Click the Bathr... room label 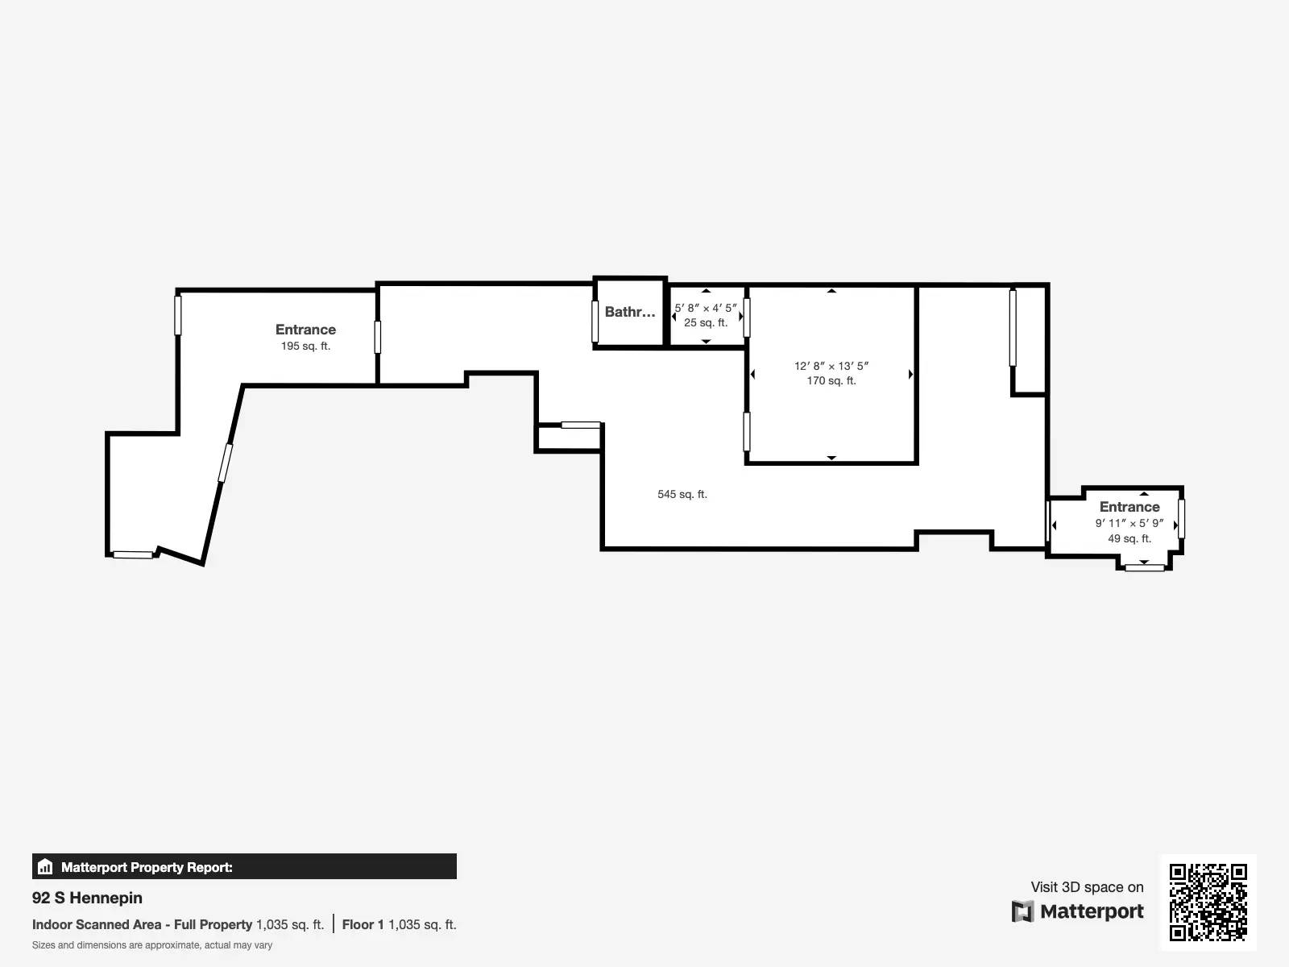pyautogui.click(x=629, y=312)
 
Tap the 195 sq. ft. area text pyautogui.click(x=305, y=346)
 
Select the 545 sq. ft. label pyautogui.click(x=682, y=494)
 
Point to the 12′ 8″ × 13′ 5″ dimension pyautogui.click(x=831, y=366)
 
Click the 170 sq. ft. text pyautogui.click(x=831, y=380)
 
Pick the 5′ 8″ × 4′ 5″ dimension pyautogui.click(x=705, y=308)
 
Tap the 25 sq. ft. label pyautogui.click(x=705, y=322)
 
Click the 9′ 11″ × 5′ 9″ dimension pyautogui.click(x=1129, y=523)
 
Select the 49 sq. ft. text pyautogui.click(x=1129, y=538)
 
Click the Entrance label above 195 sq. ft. pyautogui.click(x=305, y=330)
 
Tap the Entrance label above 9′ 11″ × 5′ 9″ pyautogui.click(x=1129, y=507)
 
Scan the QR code pyautogui.click(x=1208, y=903)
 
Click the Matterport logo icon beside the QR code pyautogui.click(x=1022, y=911)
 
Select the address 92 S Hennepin pyautogui.click(x=87, y=898)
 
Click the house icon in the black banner pyautogui.click(x=45, y=866)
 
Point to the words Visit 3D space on pyautogui.click(x=1087, y=887)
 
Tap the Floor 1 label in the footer pyautogui.click(x=363, y=924)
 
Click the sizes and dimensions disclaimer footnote pyautogui.click(x=152, y=944)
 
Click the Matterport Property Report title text pyautogui.click(x=147, y=867)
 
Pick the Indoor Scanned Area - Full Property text pyautogui.click(x=142, y=924)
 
